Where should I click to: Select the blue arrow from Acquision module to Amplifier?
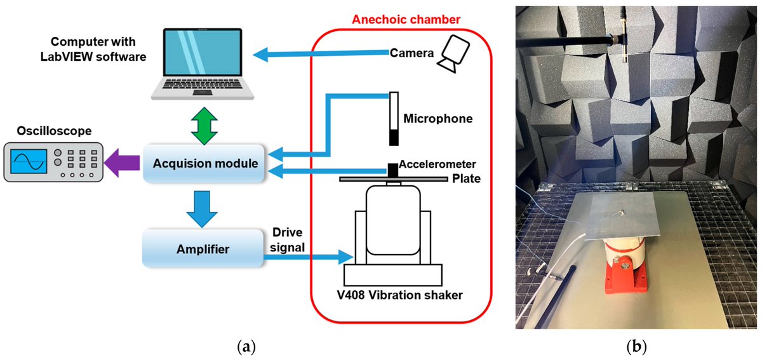point(204,208)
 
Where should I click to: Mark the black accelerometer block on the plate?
point(394,170)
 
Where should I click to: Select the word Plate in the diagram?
point(465,179)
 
